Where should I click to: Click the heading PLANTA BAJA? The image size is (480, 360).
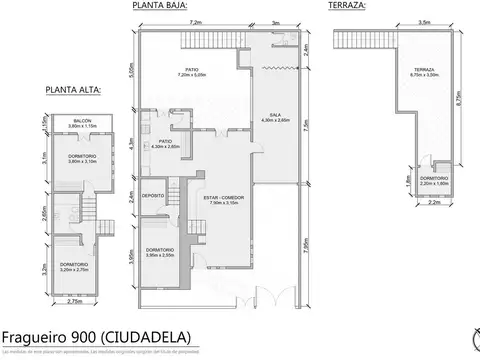pos(160,5)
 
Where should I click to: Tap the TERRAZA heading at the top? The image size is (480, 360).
pos(346,5)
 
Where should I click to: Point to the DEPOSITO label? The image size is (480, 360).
pos(153,195)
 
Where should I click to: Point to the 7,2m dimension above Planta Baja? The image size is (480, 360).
pos(194,21)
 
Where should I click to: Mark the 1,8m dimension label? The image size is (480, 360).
pos(410,181)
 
